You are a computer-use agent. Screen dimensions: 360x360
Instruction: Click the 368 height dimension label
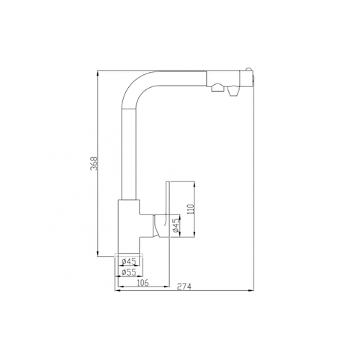[94, 163]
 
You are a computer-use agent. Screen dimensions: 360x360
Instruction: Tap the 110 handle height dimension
[190, 210]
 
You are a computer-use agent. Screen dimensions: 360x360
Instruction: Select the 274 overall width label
[184, 287]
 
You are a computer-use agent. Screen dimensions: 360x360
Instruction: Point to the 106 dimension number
[143, 283]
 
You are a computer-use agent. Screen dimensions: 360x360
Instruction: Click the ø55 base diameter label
[129, 272]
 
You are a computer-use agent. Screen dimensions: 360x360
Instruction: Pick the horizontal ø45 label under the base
[129, 261]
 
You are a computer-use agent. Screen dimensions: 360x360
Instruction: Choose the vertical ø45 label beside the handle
[176, 225]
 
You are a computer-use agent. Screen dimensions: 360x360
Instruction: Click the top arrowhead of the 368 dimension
[98, 73]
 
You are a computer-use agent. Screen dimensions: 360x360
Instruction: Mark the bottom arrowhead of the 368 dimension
[98, 253]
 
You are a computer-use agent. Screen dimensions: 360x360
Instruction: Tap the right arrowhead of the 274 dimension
[251, 291]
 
